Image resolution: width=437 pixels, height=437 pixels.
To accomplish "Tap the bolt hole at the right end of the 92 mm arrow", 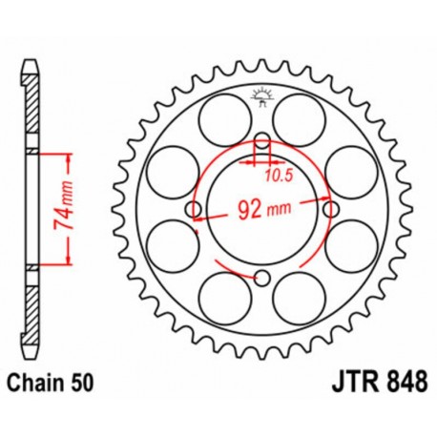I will click(330, 209).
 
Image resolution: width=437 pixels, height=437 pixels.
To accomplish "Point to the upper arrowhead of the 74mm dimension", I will click(69, 155).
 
